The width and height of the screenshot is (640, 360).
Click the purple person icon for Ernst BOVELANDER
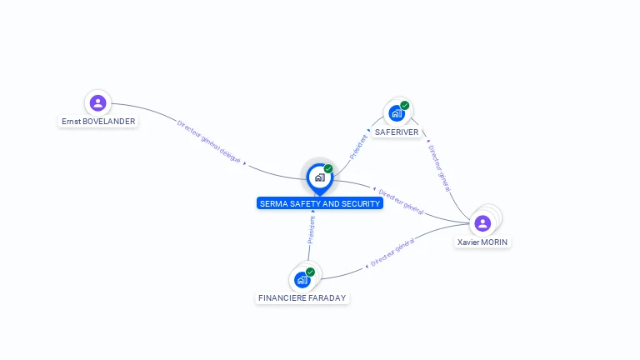[97, 103]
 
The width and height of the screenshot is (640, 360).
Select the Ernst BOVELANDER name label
[98, 122]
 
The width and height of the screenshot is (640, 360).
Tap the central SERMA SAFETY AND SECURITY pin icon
[319, 177]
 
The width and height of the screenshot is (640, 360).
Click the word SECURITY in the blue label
[359, 203]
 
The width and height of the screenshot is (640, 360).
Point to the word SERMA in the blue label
[272, 203]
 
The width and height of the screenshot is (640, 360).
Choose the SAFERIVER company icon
[397, 113]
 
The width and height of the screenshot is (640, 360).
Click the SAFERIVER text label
[397, 132]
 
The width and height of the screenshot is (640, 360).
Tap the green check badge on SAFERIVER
[404, 106]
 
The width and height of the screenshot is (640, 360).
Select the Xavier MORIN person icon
[482, 223]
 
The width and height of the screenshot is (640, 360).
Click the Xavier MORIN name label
[482, 242]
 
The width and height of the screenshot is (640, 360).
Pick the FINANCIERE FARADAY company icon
[302, 279]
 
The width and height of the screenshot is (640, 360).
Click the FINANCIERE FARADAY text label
[302, 297]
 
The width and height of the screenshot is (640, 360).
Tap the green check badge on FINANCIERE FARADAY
[310, 272]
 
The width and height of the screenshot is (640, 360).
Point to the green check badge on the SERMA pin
[328, 169]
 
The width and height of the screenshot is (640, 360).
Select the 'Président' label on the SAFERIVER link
[359, 146]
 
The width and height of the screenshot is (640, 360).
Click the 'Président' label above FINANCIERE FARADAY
[312, 229]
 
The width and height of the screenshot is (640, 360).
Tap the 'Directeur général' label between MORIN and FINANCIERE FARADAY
[392, 255]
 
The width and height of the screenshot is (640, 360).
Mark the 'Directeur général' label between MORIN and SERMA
[402, 201]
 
